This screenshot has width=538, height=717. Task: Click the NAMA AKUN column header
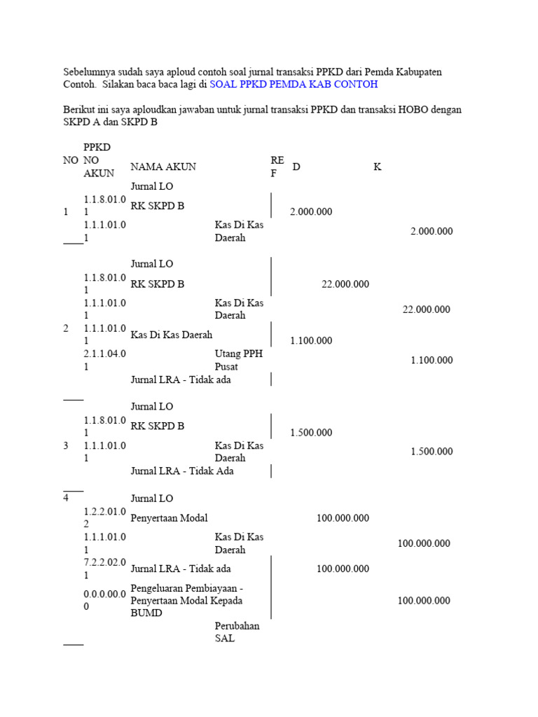coord(163,167)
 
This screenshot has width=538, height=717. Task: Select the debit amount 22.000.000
coord(345,284)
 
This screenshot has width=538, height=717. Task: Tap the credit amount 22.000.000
coord(426,309)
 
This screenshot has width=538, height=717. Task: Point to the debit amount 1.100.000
coord(311,341)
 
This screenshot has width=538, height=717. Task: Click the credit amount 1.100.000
coord(432,361)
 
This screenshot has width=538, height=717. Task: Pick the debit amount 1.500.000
coord(311,433)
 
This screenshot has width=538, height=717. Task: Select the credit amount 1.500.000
coord(432,452)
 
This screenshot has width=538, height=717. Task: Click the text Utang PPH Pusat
coord(238,360)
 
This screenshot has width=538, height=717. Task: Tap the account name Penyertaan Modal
coord(169,518)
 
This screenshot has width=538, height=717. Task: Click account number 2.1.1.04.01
coord(105,360)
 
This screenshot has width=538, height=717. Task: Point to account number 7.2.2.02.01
coord(105,569)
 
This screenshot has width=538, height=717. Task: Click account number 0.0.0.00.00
coord(105,600)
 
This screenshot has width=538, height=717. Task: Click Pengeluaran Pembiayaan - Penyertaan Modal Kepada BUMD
coord(187,600)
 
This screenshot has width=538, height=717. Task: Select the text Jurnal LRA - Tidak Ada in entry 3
coord(182,471)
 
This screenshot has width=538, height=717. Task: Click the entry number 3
coord(66,445)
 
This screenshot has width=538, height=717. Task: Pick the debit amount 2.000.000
coord(311,212)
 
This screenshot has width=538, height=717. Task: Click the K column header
coord(378,167)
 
